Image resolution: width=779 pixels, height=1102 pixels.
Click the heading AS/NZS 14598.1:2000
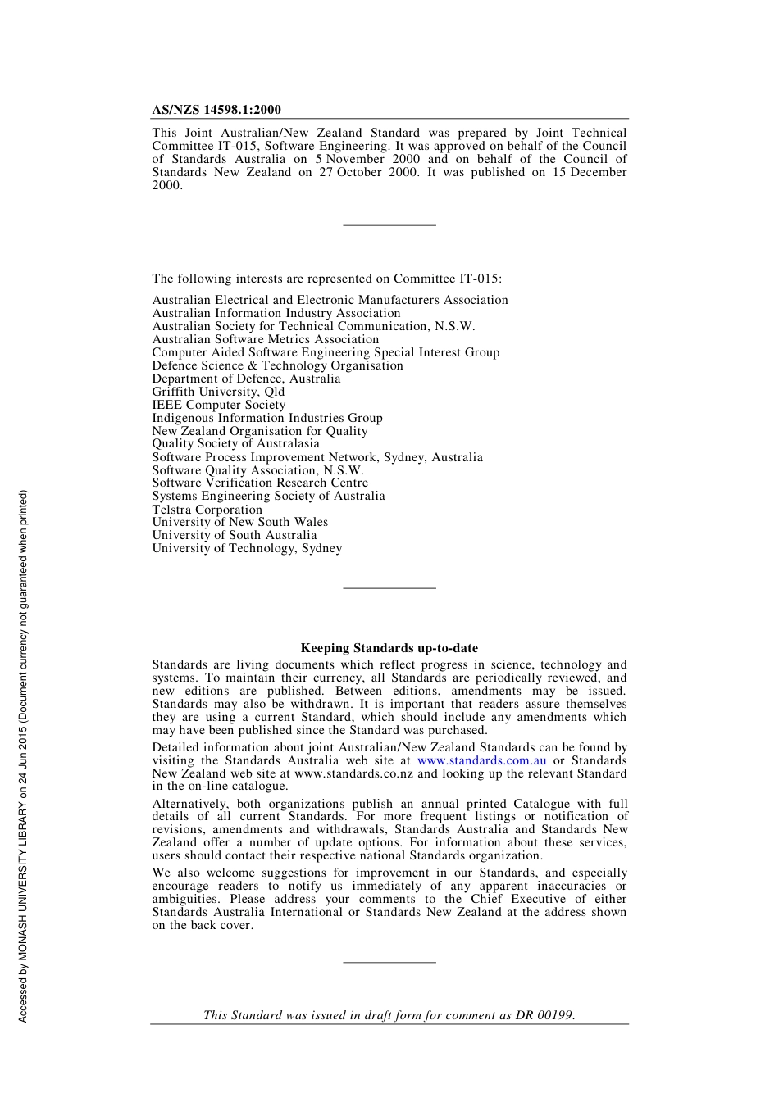[x=216, y=110]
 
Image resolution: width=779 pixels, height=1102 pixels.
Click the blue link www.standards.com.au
[x=481, y=760]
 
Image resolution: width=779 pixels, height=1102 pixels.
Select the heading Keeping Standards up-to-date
[x=389, y=648]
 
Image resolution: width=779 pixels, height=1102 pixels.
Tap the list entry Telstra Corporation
[x=207, y=510]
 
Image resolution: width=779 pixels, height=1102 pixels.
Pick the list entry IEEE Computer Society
[x=218, y=405]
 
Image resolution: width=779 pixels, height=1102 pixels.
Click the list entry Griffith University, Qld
[x=218, y=392]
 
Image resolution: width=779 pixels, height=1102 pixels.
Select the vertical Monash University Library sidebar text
[x=23, y=755]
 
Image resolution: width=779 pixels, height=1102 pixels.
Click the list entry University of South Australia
[x=234, y=535]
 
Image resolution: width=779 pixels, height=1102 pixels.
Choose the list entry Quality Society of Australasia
[x=235, y=443]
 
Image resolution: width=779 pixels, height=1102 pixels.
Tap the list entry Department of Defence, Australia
[x=246, y=379]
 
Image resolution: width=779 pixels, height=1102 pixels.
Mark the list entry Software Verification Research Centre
[x=260, y=483]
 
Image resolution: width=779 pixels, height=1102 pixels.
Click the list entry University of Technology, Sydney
[x=247, y=548]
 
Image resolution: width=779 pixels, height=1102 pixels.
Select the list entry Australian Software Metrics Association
[x=265, y=339]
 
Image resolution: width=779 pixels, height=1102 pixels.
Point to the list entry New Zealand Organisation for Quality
[x=259, y=431]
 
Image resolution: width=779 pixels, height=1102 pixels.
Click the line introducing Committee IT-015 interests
[x=326, y=279]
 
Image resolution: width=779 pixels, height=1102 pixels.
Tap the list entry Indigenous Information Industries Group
[x=266, y=418]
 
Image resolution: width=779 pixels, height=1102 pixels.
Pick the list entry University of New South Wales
[x=239, y=522]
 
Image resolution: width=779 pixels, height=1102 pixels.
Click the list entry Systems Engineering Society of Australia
[x=268, y=496]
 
